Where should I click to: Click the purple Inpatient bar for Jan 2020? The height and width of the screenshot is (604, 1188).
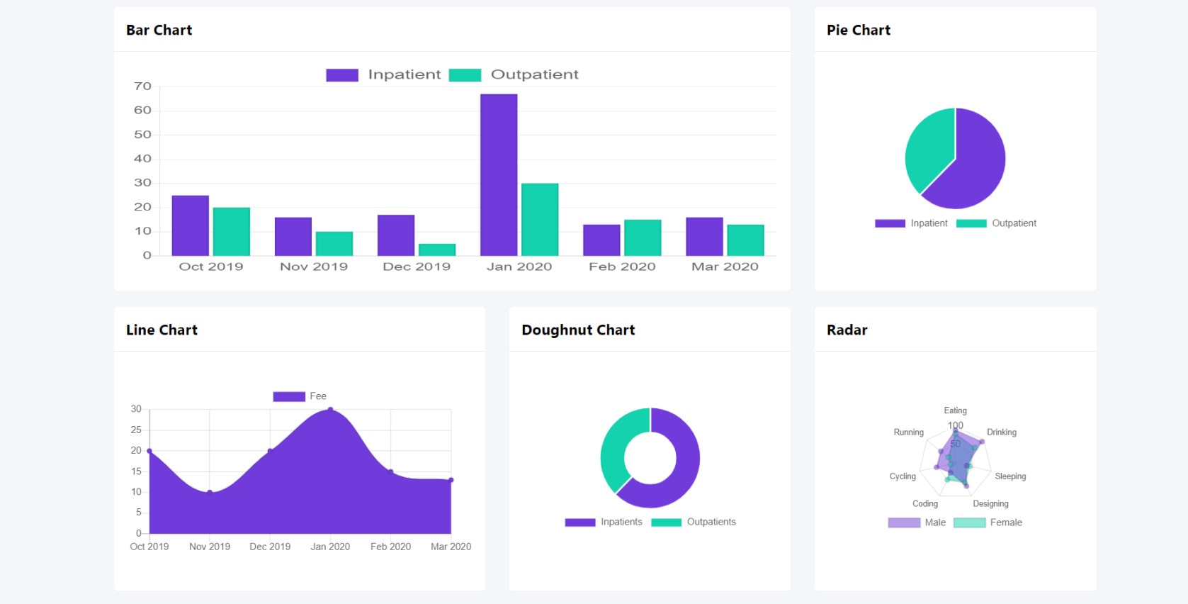coord(499,174)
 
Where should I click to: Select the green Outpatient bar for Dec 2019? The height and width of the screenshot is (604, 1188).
coord(437,250)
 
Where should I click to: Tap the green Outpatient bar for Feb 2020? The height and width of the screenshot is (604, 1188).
coord(643,237)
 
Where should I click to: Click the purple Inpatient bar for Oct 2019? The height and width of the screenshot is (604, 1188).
coord(191,225)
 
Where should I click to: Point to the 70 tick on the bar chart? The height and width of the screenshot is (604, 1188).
coord(142,86)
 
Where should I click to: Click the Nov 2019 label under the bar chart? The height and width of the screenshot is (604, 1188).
coord(314,267)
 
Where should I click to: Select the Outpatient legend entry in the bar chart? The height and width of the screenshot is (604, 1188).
coord(514,74)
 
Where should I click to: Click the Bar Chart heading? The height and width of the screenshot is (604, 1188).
coord(159,30)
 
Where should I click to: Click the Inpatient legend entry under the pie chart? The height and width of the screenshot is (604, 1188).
coord(912,223)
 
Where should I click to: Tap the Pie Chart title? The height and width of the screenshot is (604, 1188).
coord(859,30)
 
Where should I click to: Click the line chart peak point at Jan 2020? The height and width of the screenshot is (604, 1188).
coord(330,410)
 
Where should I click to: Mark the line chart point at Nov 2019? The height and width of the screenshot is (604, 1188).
coord(210,492)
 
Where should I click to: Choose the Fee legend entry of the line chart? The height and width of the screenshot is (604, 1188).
coord(300,396)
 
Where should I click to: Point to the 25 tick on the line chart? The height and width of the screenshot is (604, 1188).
coord(136,430)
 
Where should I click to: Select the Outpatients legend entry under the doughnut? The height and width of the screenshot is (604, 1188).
coord(694,522)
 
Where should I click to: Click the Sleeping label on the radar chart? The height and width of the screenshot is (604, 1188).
coord(1010,476)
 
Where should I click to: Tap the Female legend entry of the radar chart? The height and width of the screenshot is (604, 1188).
coord(988,522)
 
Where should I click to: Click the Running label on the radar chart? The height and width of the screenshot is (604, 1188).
coord(908,432)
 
